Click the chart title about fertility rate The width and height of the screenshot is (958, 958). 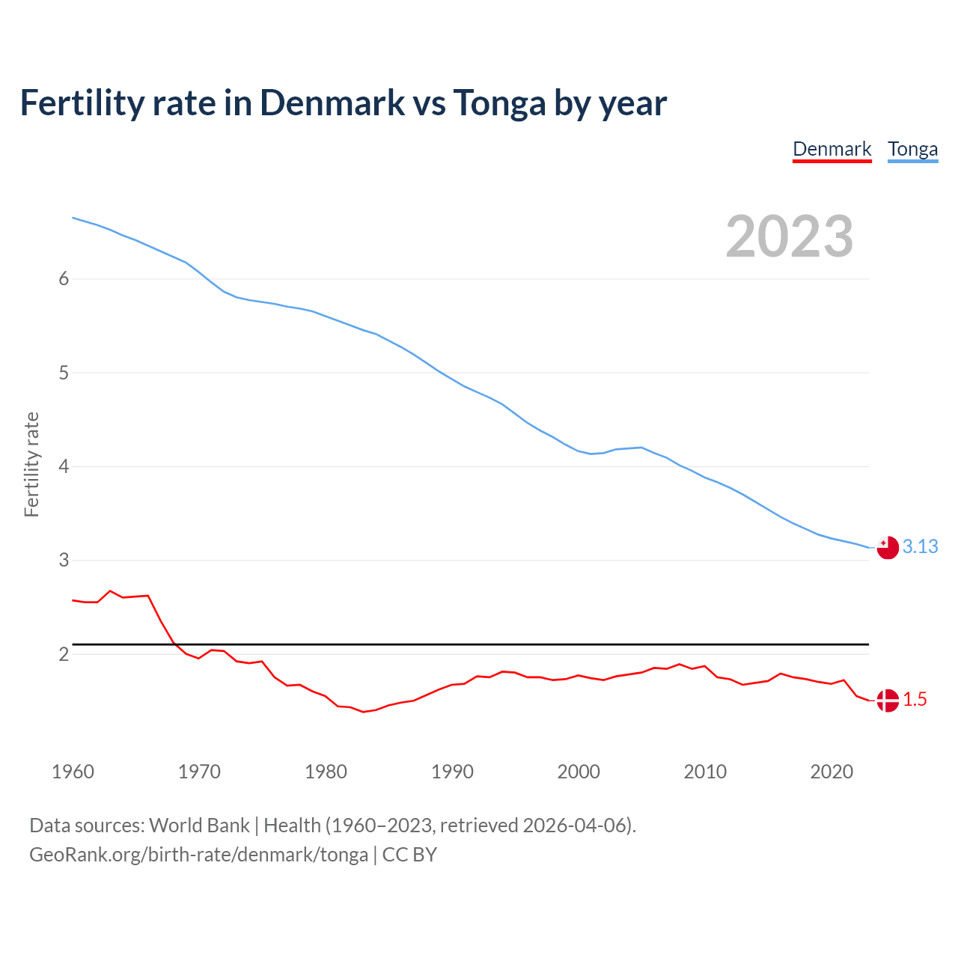point(343,103)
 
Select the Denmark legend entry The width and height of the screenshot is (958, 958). point(832,149)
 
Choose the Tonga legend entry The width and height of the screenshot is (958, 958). point(912,149)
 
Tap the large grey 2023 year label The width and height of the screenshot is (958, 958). point(790,237)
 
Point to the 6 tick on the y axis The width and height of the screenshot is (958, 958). point(64,279)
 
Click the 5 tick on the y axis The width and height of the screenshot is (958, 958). point(64,373)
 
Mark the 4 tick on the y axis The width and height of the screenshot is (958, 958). point(64,466)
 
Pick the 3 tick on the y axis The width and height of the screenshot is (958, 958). point(64,560)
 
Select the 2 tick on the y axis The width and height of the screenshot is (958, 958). point(64,654)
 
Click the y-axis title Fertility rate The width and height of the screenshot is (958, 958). point(31,464)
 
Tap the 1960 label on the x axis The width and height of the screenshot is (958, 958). point(73,772)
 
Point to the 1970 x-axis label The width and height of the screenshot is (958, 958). point(199,772)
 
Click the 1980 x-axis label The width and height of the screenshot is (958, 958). point(326,772)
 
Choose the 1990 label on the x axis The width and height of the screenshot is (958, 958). point(452,772)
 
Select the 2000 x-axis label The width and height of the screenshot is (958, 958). point(579,772)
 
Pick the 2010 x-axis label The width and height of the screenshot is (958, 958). point(705,772)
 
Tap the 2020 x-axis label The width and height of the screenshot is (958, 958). point(832,772)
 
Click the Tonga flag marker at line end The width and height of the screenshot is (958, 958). point(887,548)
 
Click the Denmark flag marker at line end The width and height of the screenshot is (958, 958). point(887,701)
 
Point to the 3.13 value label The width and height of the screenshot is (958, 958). point(920,547)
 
